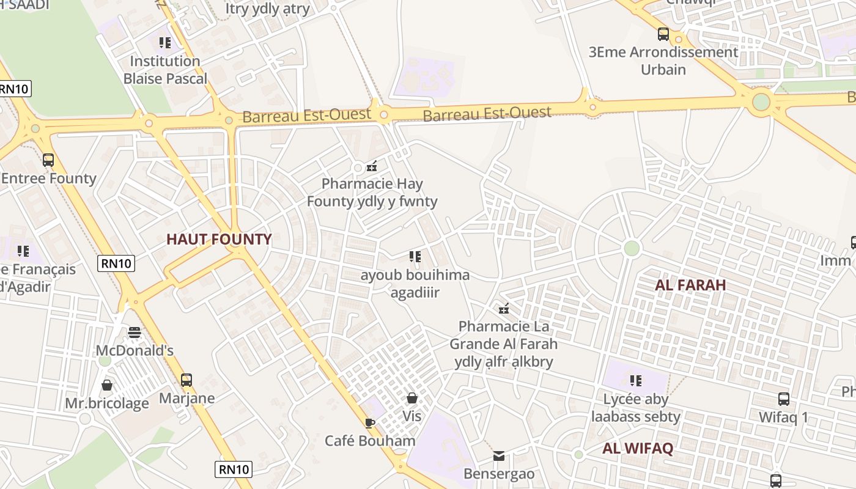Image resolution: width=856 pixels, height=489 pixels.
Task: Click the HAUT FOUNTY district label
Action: click(x=219, y=239)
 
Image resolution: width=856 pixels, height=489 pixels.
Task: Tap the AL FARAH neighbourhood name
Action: click(x=690, y=285)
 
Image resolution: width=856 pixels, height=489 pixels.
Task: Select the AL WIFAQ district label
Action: click(x=638, y=448)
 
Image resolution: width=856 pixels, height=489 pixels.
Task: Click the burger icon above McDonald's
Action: click(x=135, y=333)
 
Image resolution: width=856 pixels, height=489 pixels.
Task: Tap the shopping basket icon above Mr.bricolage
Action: click(x=107, y=385)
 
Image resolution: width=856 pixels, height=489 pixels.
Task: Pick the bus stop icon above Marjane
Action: click(x=186, y=380)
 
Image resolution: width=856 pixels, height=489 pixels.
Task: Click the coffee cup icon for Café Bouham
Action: click(x=369, y=422)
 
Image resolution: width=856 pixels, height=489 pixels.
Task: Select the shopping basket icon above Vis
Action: click(x=412, y=398)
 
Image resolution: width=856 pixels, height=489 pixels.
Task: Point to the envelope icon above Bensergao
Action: click(x=499, y=455)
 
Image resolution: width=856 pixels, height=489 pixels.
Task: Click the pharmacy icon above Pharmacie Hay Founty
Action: click(x=371, y=165)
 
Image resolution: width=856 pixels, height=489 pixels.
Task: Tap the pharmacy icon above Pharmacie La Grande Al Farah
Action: click(x=504, y=309)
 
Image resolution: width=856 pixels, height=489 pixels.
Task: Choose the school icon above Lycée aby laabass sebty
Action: click(x=636, y=381)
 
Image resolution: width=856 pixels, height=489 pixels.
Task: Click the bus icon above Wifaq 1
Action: click(x=783, y=399)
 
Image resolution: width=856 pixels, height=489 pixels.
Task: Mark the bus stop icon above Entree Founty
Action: click(x=48, y=160)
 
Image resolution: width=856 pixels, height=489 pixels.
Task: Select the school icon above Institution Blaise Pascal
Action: click(x=165, y=43)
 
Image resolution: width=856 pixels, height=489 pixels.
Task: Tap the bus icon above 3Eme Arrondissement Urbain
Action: click(x=663, y=34)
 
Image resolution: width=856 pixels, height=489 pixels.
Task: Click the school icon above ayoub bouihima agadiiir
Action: click(x=415, y=256)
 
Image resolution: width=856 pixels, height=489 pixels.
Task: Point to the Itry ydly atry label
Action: click(x=268, y=9)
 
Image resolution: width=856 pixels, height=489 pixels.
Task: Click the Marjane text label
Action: click(x=187, y=399)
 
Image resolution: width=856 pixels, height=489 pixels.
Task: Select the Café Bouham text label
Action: click(x=370, y=441)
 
